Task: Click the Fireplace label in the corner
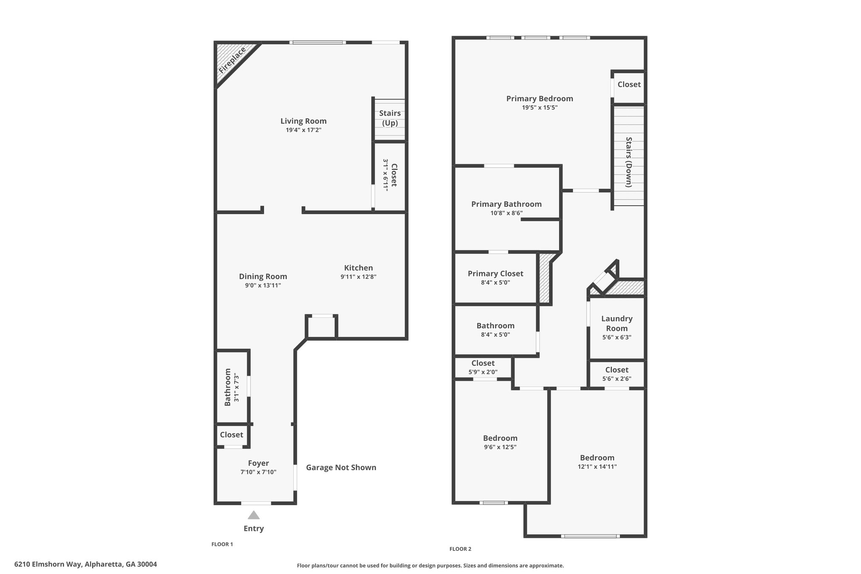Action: (x=232, y=61)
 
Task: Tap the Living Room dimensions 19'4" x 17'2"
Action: (x=304, y=130)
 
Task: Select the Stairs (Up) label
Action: (x=390, y=118)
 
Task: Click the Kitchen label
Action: (x=359, y=268)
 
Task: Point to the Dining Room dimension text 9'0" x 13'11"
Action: (x=263, y=286)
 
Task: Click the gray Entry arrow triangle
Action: (x=254, y=515)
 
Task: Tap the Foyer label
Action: (x=259, y=463)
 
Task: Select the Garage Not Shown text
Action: (x=341, y=468)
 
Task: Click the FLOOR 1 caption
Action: (x=222, y=544)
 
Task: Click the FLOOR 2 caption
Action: (x=460, y=549)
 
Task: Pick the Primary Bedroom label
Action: (x=540, y=99)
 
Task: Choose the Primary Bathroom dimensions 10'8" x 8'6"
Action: (x=507, y=213)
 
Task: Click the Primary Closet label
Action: (x=496, y=274)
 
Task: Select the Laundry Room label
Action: (x=617, y=323)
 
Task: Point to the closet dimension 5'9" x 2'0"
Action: (x=483, y=372)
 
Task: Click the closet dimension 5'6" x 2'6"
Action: (x=617, y=379)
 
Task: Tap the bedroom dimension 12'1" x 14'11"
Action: (x=597, y=467)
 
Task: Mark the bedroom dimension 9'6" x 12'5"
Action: (x=500, y=447)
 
